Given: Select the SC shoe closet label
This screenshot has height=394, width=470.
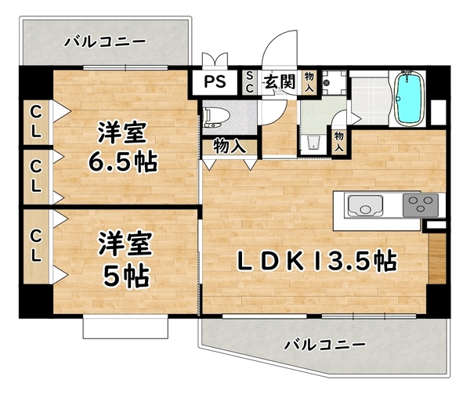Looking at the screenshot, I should point(249,81).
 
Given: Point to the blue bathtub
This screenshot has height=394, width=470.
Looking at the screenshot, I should point(408,99).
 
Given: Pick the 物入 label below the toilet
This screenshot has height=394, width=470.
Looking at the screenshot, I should point(229,146).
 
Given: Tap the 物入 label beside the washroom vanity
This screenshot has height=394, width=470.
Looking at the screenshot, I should point(340,140).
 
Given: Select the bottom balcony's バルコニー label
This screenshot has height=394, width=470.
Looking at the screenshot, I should point(324,344).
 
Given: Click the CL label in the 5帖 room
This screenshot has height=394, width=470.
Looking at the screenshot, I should point(36,244).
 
